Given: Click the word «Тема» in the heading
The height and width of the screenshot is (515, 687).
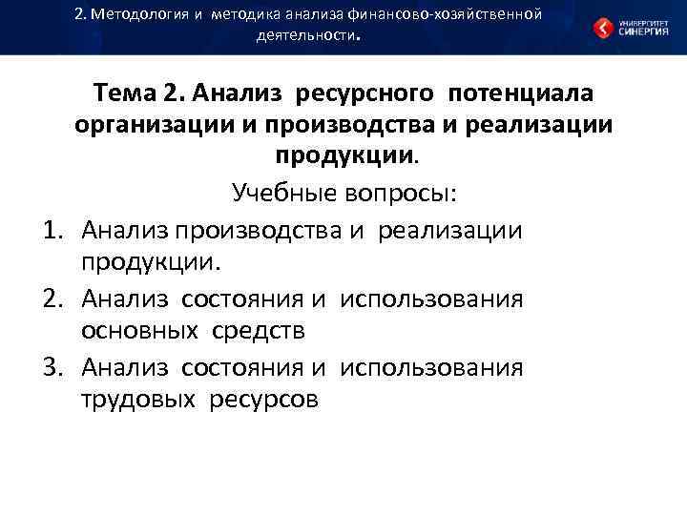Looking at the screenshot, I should pos(130,93).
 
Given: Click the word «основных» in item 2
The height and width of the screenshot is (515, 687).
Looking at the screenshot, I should pos(135,331).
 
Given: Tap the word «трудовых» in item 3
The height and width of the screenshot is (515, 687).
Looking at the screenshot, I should pos(136,400).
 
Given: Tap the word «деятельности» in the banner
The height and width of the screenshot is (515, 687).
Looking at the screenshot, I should pos(304,36).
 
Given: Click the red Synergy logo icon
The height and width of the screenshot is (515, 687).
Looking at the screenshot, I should pos(604,28).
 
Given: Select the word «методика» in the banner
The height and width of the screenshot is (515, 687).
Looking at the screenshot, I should pos(247,14).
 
